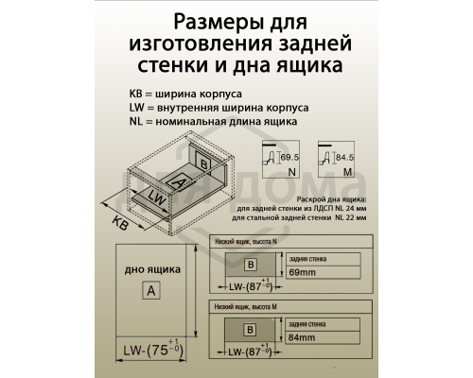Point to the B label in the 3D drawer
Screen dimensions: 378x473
click(204, 163)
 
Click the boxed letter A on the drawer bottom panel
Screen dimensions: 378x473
click(149, 291)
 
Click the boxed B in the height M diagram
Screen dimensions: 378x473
click(250, 330)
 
